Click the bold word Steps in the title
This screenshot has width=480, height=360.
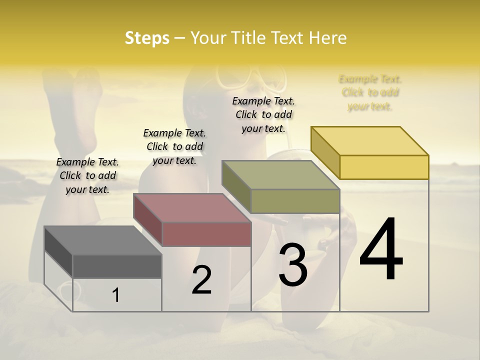pyautogui.click(x=146, y=38)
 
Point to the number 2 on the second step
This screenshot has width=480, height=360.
pyautogui.click(x=201, y=280)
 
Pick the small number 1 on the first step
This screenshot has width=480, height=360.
pyautogui.click(x=116, y=295)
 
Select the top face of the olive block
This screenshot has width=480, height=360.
pyautogui.click(x=280, y=175)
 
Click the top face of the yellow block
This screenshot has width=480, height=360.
pyautogui.click(x=369, y=141)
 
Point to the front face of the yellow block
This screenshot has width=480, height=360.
pyautogui.click(x=384, y=167)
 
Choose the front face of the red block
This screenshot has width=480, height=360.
pyautogui.click(x=206, y=234)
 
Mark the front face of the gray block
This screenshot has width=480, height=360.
pyautogui.click(x=117, y=266)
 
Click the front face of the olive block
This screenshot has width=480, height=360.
pyautogui.click(x=295, y=201)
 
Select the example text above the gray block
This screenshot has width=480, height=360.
pyautogui.click(x=87, y=175)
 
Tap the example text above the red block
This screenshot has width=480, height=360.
pyautogui.click(x=174, y=146)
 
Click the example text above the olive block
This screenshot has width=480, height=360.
pyautogui.click(x=263, y=114)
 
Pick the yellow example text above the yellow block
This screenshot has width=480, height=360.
pyautogui.click(x=370, y=92)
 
